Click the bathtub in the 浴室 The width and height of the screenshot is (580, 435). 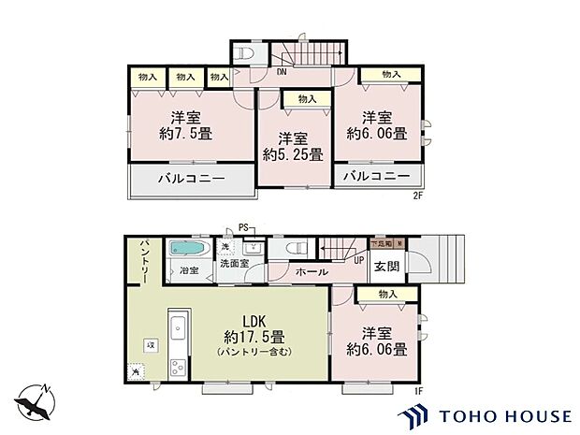click(191, 250)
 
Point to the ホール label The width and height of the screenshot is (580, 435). click(311, 271)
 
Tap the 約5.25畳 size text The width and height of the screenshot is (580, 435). click(293, 154)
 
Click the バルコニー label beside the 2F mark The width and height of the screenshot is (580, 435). click(375, 176)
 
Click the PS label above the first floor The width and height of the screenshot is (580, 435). click(243, 226)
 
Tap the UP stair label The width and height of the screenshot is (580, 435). click(358, 260)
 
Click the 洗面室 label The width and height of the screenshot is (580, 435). click(234, 265)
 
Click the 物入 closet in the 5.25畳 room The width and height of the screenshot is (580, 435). click(307, 98)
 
